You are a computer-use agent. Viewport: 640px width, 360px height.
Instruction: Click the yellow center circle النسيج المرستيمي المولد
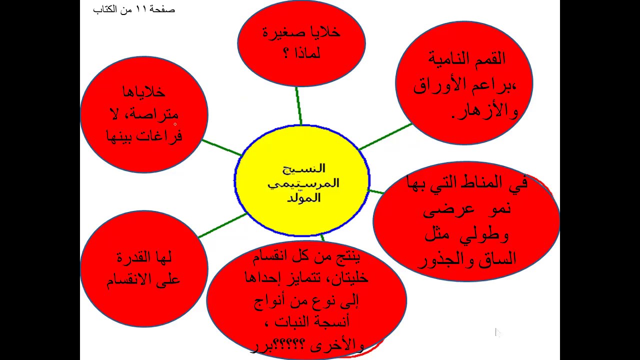[302, 180]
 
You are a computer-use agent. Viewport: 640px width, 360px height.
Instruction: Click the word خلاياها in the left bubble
[143, 92]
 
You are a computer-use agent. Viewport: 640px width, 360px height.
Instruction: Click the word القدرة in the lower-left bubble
[132, 258]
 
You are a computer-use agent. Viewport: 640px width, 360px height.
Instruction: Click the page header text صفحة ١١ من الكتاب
[134, 9]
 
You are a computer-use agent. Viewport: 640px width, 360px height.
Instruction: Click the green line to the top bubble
[298, 105]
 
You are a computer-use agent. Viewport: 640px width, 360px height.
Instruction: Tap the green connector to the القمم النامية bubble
[385, 136]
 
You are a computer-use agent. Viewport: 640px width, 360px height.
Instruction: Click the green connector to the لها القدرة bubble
[222, 225]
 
